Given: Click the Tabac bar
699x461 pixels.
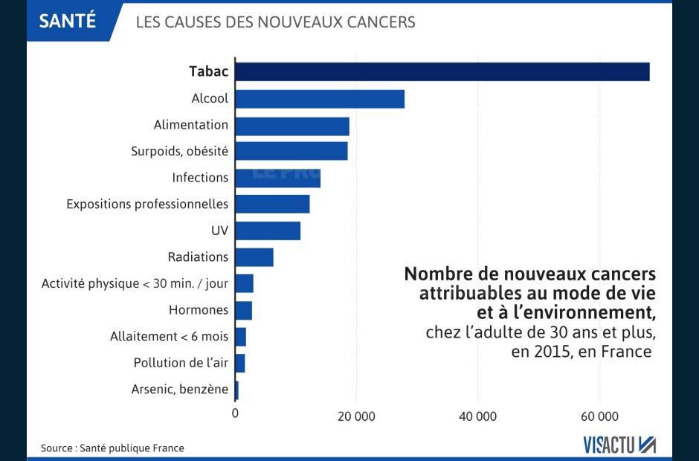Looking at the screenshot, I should point(442,71).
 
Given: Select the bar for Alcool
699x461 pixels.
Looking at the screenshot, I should point(320,99).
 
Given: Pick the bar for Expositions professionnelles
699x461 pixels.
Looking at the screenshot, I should point(272,204).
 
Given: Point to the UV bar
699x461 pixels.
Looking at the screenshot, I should point(268,230).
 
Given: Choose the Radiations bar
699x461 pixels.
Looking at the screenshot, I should point(254,257).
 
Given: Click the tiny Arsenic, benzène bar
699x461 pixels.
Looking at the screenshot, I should point(236,390).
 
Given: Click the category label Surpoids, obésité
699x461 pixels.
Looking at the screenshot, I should point(179,151).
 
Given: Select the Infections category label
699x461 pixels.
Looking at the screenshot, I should point(200,178).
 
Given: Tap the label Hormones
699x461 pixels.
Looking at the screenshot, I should point(199,310).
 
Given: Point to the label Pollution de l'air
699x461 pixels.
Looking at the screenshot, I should point(181,363).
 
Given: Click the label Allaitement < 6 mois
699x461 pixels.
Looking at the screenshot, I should point(169,337).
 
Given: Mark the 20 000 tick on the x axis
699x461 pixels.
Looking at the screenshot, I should point(356,416).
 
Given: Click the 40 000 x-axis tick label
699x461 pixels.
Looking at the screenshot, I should point(477,416).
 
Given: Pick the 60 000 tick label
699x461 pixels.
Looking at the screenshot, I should point(599,416).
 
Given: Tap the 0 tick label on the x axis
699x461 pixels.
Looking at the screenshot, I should point(236,413).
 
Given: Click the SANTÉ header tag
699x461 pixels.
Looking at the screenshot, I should point(68,20).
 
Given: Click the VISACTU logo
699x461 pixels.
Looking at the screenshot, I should point(619,445).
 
